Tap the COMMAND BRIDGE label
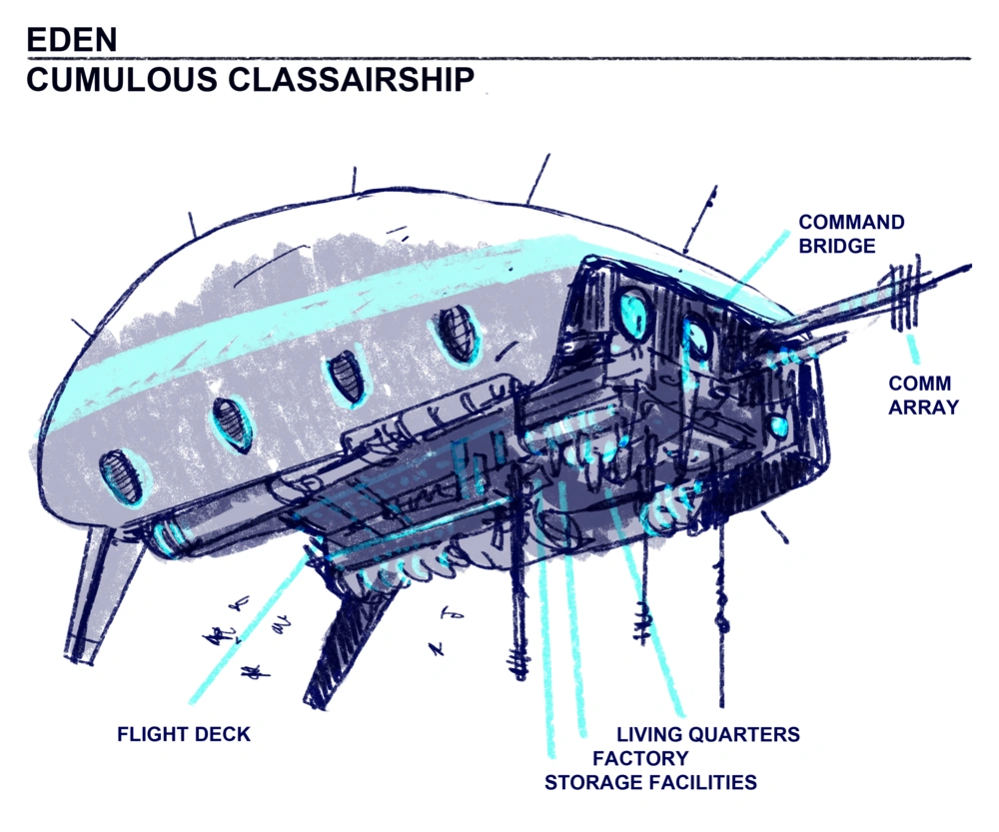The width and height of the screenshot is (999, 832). point(850,234)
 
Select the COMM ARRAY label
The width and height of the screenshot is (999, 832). point(920,396)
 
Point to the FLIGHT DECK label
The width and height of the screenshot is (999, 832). point(184,735)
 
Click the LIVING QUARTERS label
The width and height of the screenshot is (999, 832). point(708,735)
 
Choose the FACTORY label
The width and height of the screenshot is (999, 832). point(640,758)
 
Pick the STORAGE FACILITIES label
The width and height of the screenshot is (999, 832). point(650,782)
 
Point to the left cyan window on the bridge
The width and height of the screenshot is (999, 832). point(632,313)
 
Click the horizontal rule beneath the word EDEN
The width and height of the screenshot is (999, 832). point(499,58)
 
